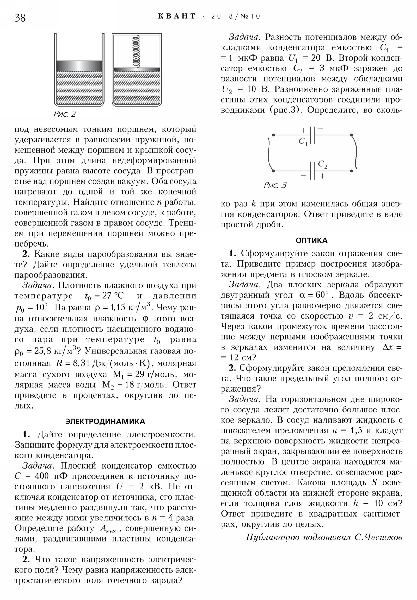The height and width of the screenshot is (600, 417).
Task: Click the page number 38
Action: (20, 18)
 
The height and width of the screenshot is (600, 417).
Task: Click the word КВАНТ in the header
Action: (177, 16)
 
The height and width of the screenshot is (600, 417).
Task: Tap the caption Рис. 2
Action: (65, 114)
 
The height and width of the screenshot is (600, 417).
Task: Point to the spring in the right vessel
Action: (137, 51)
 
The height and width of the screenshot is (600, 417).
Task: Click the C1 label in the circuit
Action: (303, 141)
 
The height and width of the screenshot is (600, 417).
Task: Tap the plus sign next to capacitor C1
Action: (303, 130)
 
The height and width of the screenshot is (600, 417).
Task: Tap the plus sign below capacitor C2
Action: (322, 176)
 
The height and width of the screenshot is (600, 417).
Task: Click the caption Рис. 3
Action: (275, 185)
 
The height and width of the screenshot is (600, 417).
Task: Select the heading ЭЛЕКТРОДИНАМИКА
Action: (105, 421)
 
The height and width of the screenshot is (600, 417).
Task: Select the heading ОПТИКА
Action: (311, 241)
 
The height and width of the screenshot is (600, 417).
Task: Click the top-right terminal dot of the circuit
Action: (352, 135)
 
